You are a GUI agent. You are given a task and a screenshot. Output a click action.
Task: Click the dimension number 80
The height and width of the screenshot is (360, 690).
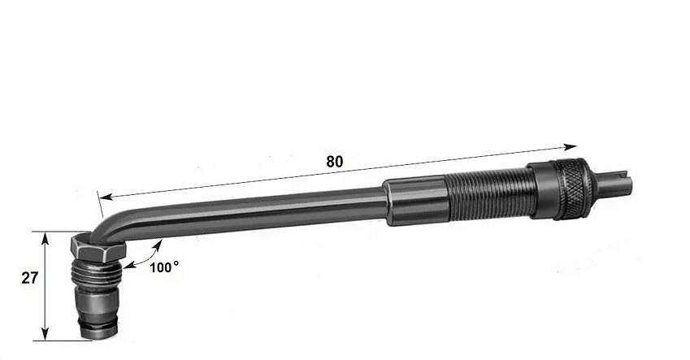335,162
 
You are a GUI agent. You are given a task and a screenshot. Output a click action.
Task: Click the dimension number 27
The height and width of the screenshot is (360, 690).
29,278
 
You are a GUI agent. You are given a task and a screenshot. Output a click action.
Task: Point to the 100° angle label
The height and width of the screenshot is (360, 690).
164,267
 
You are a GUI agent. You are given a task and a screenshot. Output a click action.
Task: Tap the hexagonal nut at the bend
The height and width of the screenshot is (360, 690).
98,249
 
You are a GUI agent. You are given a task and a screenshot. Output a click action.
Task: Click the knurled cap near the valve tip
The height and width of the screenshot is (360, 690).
571,189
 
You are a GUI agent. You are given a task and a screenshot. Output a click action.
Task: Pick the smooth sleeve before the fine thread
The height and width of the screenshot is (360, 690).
415,201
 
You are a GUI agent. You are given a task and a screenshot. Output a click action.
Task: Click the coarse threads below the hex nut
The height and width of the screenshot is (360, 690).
96,274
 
